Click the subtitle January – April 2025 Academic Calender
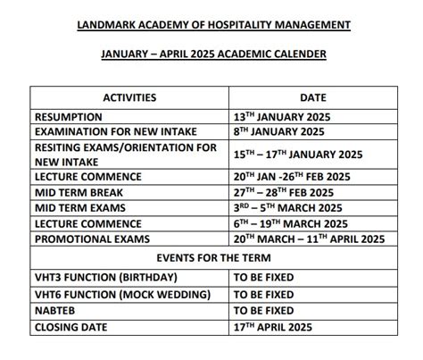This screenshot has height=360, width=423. [211, 54]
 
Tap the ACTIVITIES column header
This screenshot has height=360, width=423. [130, 96]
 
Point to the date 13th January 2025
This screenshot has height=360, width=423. [286, 116]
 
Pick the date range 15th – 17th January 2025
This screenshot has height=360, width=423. [298, 154]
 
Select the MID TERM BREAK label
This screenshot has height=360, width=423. [79, 192]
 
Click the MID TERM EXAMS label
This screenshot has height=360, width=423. [79, 207]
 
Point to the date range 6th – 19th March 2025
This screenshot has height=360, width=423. [292, 223]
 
